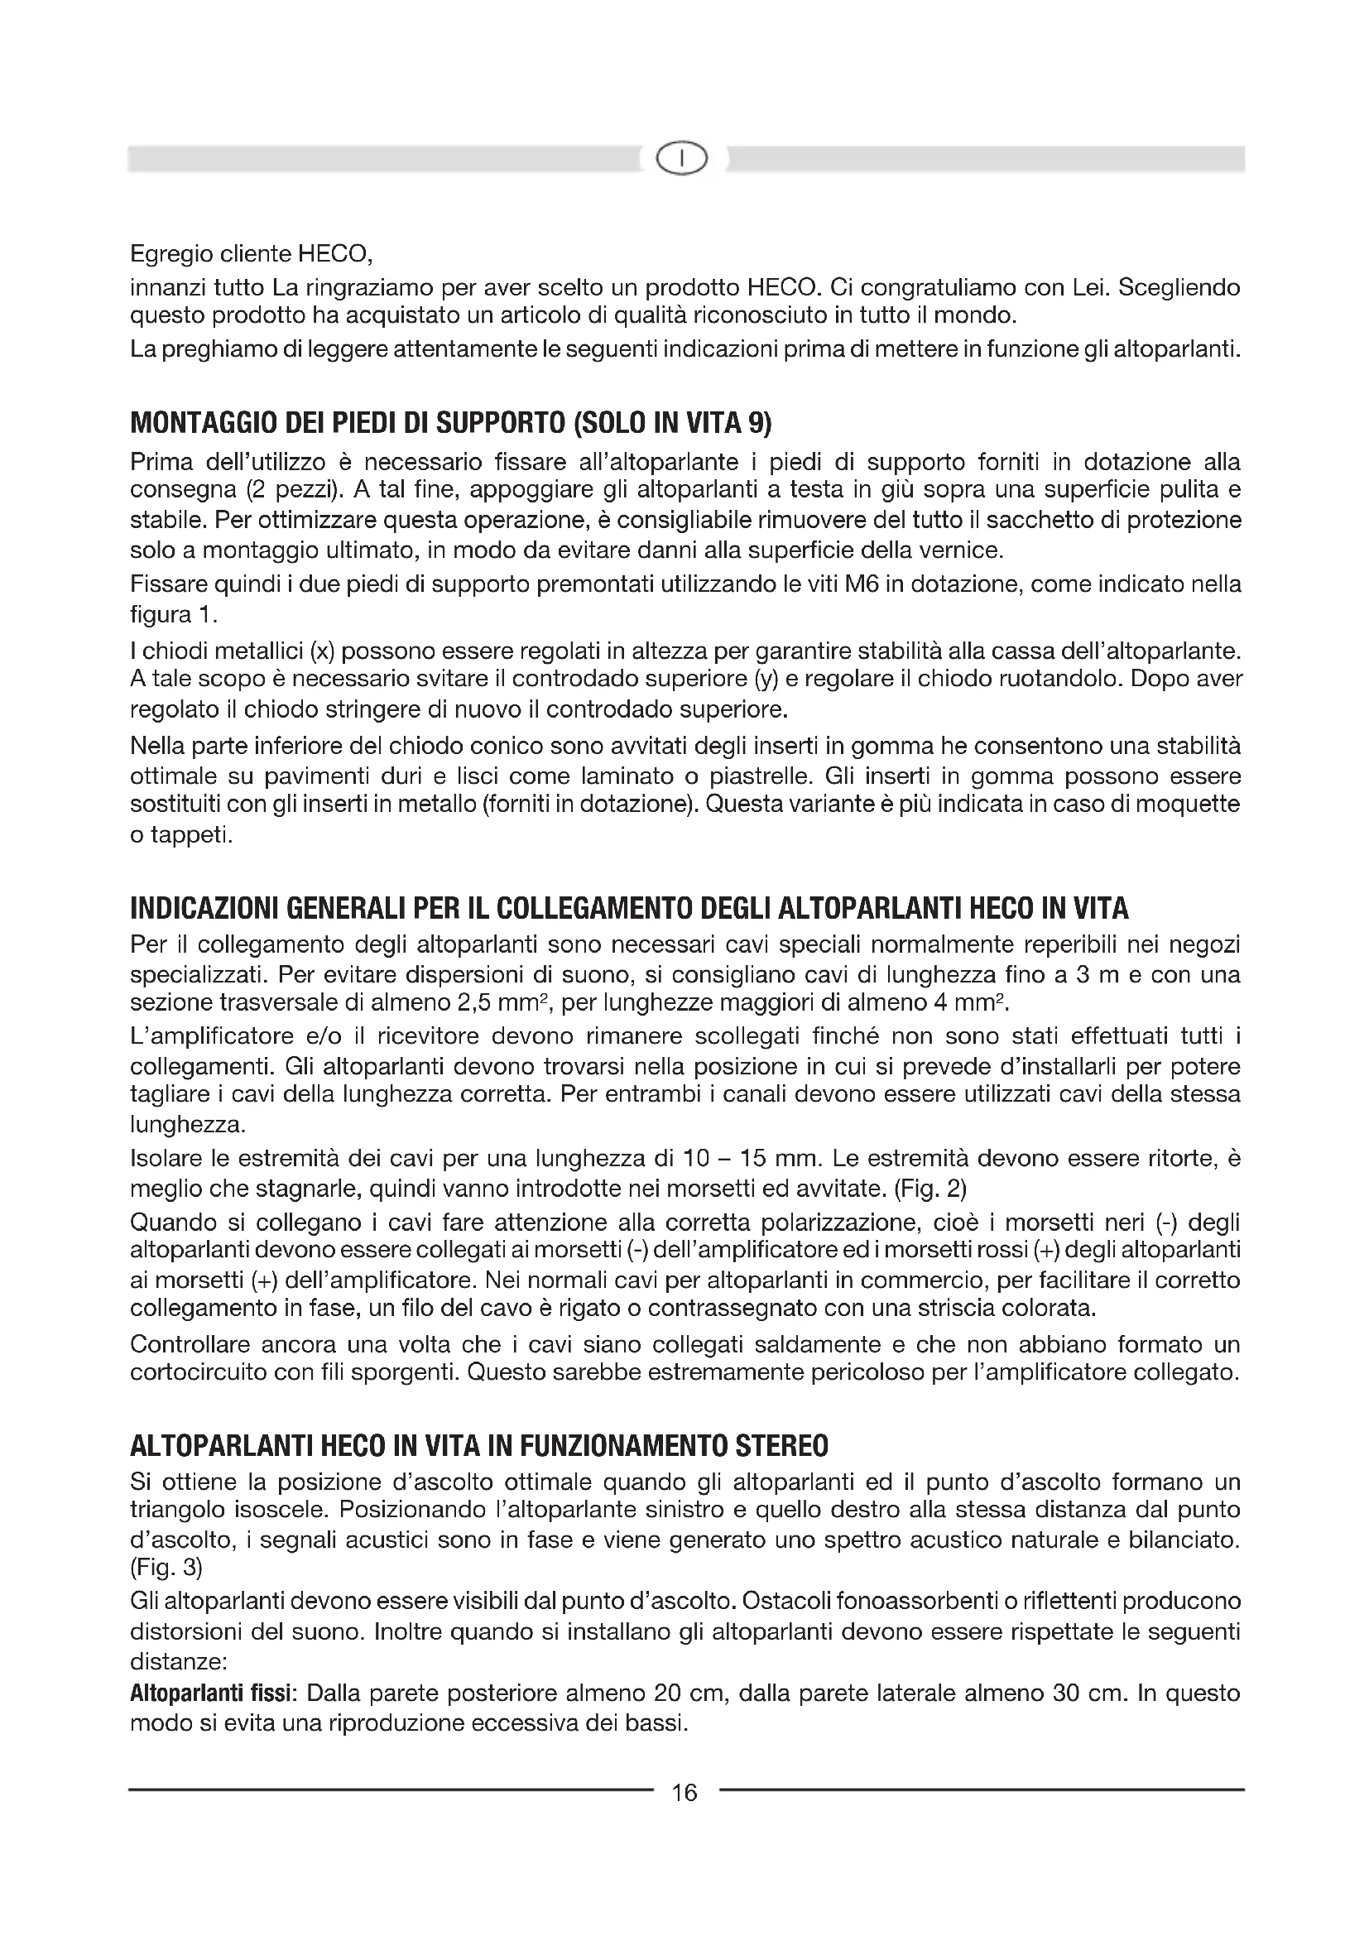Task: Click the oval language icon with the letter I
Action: coord(684,159)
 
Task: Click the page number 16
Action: coord(684,1793)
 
